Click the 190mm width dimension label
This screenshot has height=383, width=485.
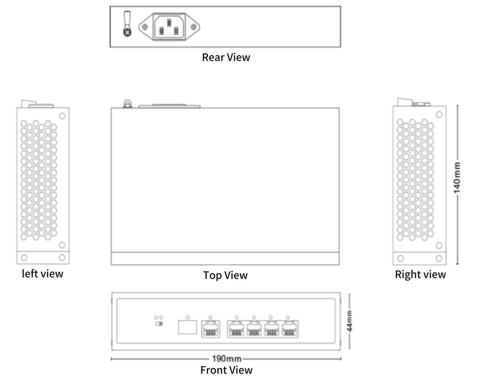[x=227, y=359]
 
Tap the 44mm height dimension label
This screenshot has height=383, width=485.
[x=349, y=321]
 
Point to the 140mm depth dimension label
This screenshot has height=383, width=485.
[x=457, y=178]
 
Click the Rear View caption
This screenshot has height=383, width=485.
[x=226, y=57]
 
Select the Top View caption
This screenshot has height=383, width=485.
[x=225, y=275]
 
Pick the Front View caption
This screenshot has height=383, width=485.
[x=226, y=370]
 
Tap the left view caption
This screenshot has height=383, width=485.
[x=42, y=274]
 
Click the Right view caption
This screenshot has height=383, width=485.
[x=420, y=274]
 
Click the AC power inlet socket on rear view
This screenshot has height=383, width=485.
[x=169, y=27]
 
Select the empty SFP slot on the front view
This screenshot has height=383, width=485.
[x=187, y=327]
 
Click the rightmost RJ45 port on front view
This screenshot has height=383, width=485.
[x=290, y=329]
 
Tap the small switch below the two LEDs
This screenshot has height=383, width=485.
[x=159, y=324]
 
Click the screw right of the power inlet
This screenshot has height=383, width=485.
[x=193, y=27]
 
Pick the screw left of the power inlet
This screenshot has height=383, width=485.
[x=145, y=27]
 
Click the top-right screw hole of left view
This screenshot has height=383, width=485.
[x=62, y=116]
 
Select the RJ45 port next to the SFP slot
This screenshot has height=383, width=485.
[x=210, y=329]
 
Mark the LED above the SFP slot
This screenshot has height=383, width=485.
[x=187, y=317]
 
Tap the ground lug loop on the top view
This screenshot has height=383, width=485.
[x=127, y=104]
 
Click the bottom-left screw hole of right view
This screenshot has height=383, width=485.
[x=400, y=258]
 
